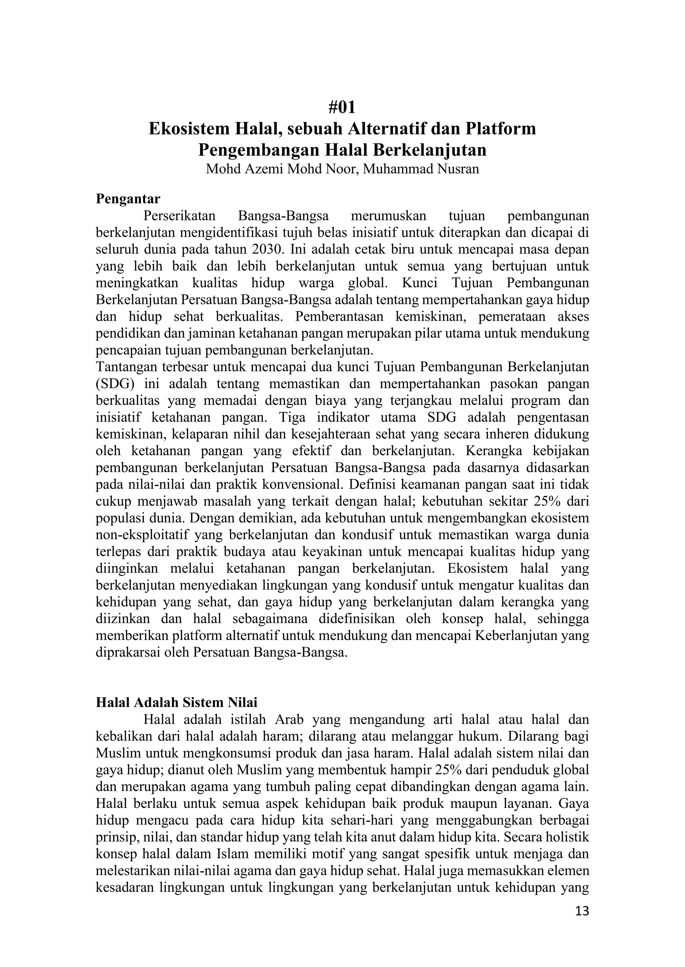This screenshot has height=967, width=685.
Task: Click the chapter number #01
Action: point(342,108)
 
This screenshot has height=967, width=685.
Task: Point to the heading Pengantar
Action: point(128,198)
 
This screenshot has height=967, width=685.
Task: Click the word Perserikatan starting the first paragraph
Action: point(179,216)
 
